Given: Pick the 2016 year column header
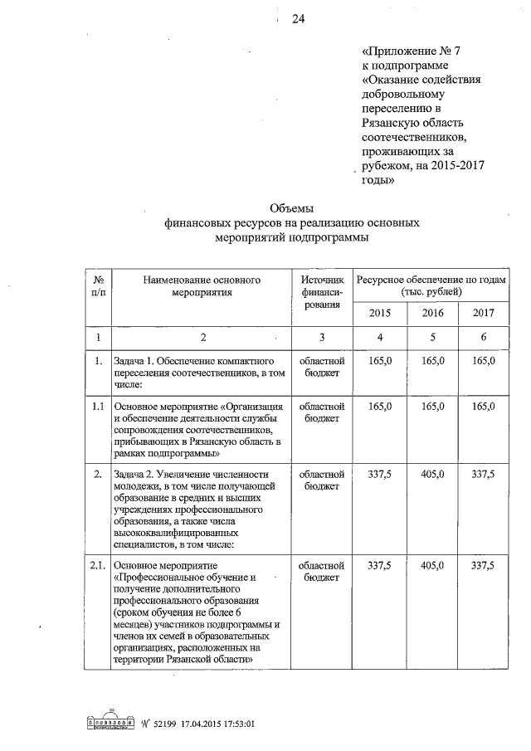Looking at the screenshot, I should point(432,313).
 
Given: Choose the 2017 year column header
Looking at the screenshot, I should point(483,313).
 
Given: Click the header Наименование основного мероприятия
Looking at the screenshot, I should point(202,286).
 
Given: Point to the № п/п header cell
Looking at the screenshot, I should point(98,286).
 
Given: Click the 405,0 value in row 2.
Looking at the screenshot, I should point(432,474).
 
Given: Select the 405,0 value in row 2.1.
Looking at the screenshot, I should point(432,565).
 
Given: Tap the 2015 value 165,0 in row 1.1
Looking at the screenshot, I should point(380,407).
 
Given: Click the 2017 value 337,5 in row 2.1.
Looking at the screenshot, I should point(483,565).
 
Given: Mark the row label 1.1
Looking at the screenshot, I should point(98,407).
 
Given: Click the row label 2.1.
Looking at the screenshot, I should point(98,565).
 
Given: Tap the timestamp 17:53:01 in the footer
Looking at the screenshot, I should point(232,723).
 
